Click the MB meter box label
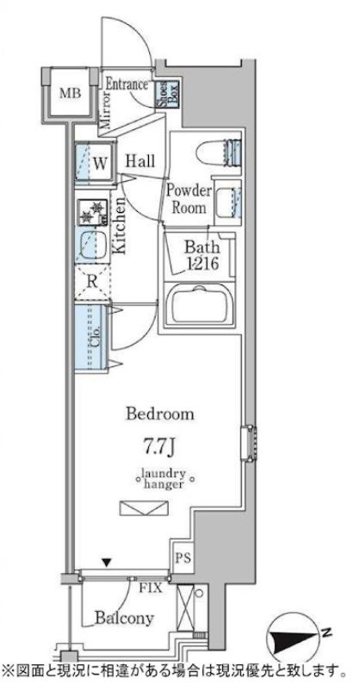click(70, 93)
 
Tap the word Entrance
click(127, 84)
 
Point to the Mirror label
click(105, 109)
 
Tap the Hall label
click(140, 161)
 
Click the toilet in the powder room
click(219, 153)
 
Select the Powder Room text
click(189, 199)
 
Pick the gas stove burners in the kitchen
click(93, 212)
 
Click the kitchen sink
click(92, 246)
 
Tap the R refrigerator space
click(92, 282)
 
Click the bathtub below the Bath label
click(199, 304)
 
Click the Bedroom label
click(160, 414)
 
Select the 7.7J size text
click(159, 448)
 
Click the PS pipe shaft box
click(183, 558)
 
